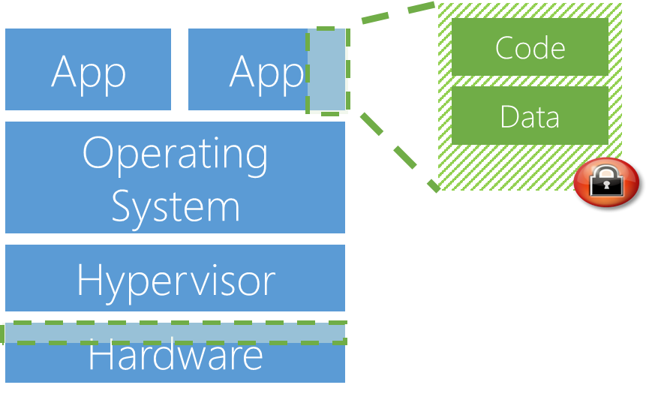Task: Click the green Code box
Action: coord(530,47)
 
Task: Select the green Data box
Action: coord(530,116)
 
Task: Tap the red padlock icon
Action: coord(606,182)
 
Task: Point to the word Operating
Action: coord(175,154)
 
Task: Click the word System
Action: coord(176,206)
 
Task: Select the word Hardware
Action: coord(176,356)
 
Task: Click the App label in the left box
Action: coord(89,72)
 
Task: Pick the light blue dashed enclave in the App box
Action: coord(327,71)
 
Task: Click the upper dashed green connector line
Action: coord(398,13)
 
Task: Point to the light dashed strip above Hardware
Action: coord(175,333)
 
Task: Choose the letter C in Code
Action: coord(505,48)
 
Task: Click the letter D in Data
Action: coord(509,117)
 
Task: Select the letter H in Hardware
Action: coord(101,356)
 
